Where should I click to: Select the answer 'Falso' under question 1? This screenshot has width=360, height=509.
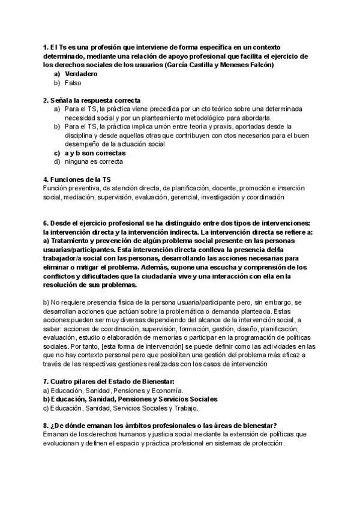[x=73, y=82]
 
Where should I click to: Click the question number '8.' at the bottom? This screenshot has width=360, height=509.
[x=46, y=426]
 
